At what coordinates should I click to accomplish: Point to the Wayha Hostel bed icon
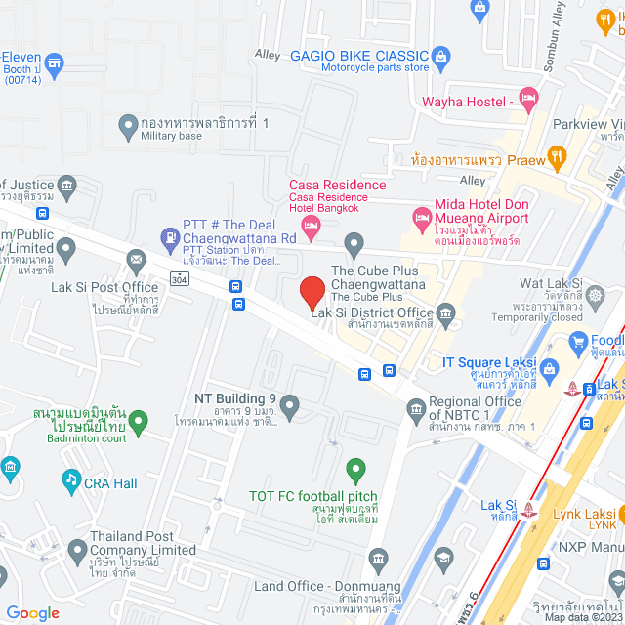(x=528, y=97)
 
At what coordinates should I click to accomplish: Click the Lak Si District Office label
(x=372, y=312)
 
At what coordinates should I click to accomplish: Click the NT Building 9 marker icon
(x=288, y=403)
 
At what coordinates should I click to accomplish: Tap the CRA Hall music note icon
(x=70, y=479)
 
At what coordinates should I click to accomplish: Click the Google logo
(x=32, y=612)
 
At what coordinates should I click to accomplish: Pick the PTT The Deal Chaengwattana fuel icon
(x=167, y=237)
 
